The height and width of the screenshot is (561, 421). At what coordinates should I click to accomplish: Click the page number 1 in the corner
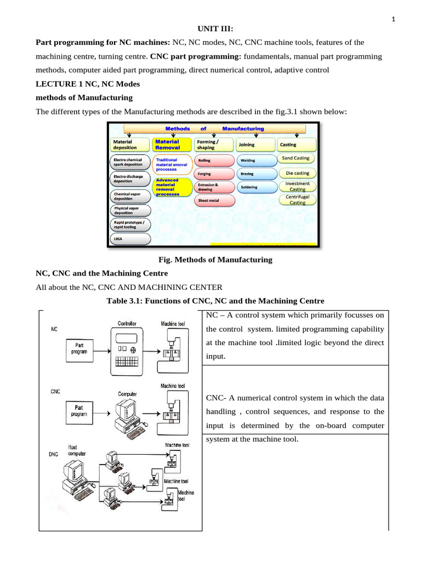click(393, 20)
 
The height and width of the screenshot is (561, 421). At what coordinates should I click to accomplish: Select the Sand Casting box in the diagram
click(295, 158)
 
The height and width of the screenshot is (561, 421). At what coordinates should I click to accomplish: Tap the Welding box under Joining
click(249, 161)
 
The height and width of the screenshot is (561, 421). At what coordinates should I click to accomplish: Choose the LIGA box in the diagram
click(130, 239)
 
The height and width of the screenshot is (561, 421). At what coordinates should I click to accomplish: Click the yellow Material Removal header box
click(172, 144)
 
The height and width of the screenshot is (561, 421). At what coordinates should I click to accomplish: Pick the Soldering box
click(249, 187)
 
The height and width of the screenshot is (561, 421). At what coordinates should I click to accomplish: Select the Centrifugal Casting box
click(298, 199)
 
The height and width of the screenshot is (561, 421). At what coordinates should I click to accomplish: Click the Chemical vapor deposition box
click(130, 196)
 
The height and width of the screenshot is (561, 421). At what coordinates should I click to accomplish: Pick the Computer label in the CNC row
click(128, 393)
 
